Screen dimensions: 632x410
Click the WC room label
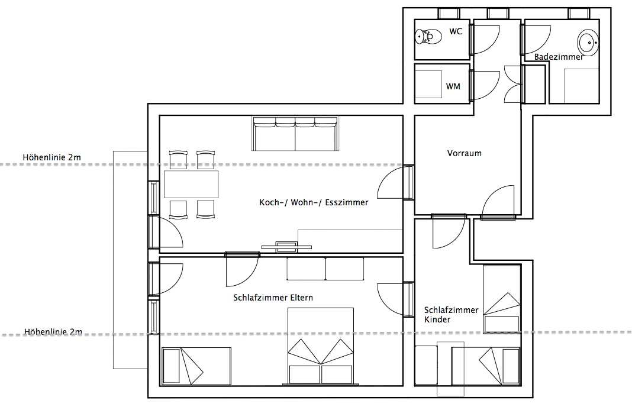[456, 31]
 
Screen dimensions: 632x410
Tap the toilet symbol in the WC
[427, 37]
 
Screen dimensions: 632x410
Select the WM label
[453, 86]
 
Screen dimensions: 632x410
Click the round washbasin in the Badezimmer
[588, 41]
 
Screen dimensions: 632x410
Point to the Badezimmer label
[559, 57]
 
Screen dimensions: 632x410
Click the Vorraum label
[465, 153]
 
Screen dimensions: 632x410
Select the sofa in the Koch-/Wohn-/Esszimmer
[295, 134]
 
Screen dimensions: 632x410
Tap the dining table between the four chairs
[191, 184]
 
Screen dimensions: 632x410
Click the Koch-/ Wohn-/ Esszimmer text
[314, 202]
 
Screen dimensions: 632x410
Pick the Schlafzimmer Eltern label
[273, 298]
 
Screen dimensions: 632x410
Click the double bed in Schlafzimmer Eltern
[321, 346]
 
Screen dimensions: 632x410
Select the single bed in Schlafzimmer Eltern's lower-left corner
[196, 366]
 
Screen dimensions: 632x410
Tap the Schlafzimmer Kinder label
[451, 315]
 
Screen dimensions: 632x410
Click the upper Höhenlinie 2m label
[51, 157]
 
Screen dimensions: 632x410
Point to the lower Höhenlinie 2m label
[53, 332]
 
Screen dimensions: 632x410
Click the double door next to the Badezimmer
[513, 84]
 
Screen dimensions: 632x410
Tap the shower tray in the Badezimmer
[581, 86]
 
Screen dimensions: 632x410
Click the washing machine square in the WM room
[428, 84]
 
